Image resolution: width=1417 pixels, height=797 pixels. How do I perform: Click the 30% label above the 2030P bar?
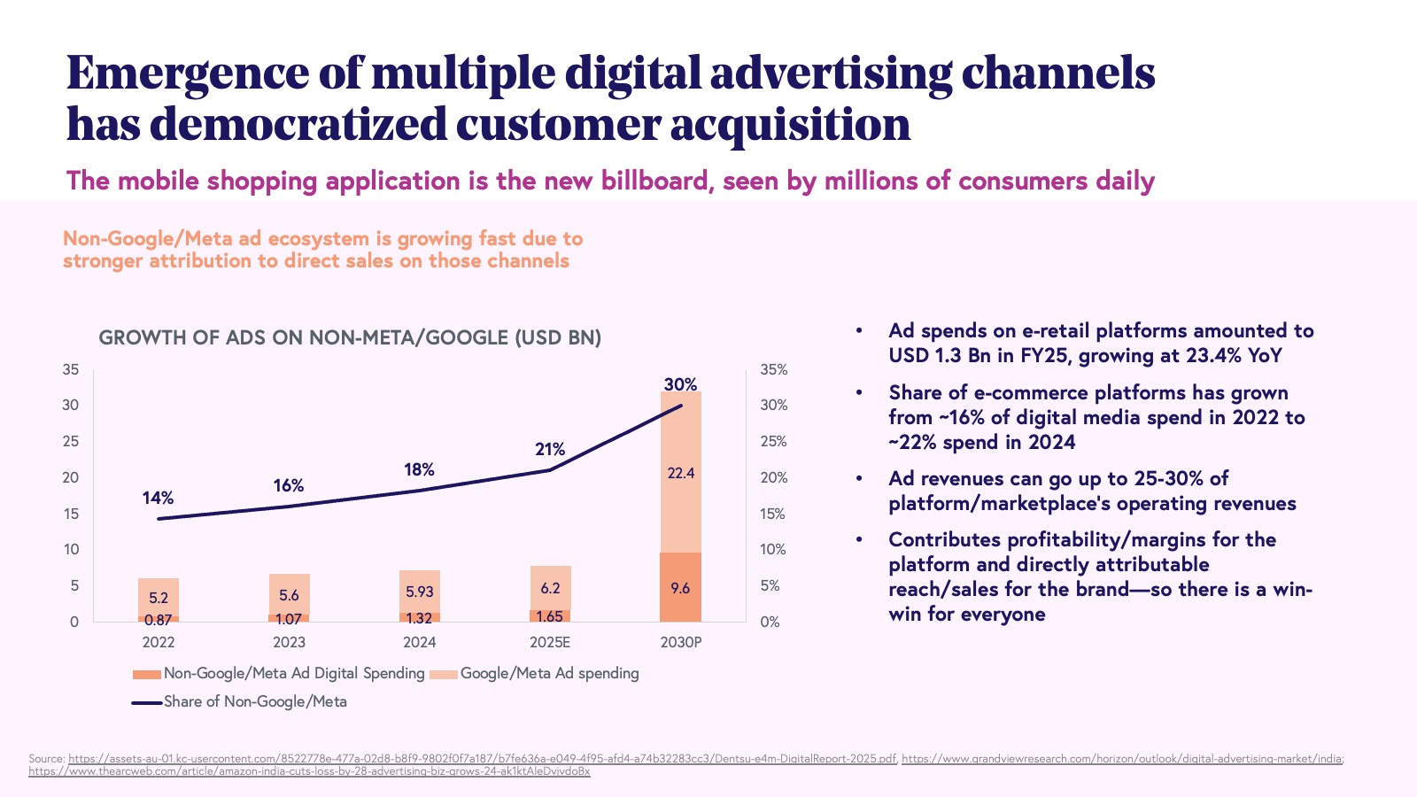click(x=680, y=384)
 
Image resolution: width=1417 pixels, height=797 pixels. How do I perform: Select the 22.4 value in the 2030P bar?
click(x=680, y=473)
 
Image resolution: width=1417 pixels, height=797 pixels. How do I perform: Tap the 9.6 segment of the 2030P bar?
click(x=680, y=588)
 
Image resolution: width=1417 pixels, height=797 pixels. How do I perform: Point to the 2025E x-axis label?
click(x=550, y=642)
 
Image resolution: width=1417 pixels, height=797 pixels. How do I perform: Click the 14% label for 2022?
click(x=158, y=499)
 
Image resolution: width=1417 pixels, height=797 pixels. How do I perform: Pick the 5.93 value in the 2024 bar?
click(x=420, y=592)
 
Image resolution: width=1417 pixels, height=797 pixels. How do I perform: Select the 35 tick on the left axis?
click(x=71, y=369)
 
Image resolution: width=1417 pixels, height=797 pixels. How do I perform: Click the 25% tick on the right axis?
click(x=773, y=441)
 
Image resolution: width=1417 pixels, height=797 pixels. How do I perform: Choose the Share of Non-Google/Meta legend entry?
click(x=255, y=701)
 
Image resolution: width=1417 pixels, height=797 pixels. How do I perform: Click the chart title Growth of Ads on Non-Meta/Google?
click(x=350, y=337)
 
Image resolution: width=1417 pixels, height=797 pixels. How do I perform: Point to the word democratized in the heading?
click(x=298, y=124)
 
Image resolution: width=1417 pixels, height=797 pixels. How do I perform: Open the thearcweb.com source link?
click(x=309, y=771)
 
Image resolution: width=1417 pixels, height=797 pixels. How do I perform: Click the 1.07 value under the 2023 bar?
click(x=289, y=619)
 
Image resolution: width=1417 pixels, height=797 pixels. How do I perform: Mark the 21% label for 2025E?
click(x=550, y=449)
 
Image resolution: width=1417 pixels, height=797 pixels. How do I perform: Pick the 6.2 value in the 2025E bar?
click(x=550, y=588)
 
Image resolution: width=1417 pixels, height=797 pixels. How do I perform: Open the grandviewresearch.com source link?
click(x=1121, y=759)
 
